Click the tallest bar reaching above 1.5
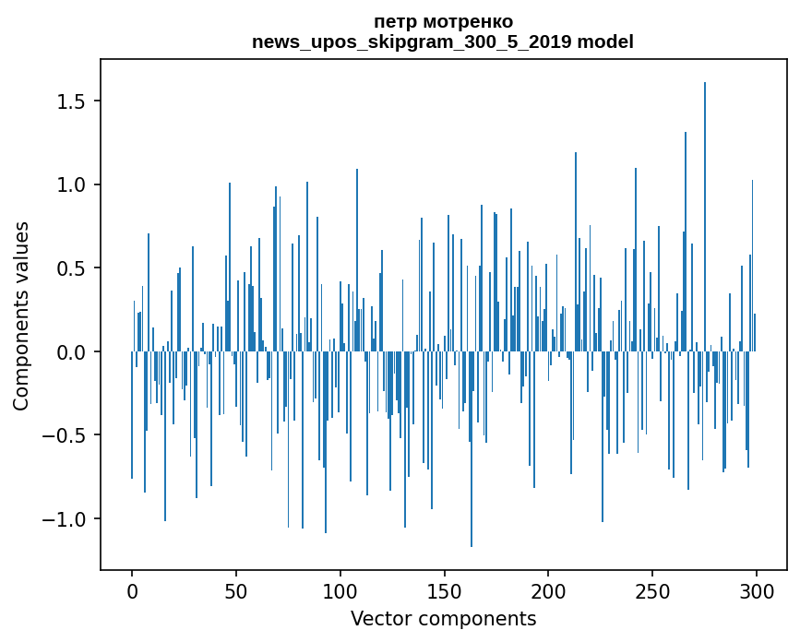[x=705, y=217]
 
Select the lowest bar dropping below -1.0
[x=471, y=448]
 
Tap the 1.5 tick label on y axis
[x=71, y=101]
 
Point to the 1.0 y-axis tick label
[x=71, y=184]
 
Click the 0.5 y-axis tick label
[x=71, y=268]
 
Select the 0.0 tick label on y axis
[x=71, y=351]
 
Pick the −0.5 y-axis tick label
[x=64, y=435]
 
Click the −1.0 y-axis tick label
[x=64, y=519]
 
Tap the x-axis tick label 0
[x=132, y=592]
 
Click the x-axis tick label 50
[x=235, y=592]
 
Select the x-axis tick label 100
[x=340, y=592]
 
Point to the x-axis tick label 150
[x=444, y=592]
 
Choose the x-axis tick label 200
[x=548, y=592]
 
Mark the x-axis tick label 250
[x=652, y=592]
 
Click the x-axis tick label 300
[x=756, y=592]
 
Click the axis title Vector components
[x=443, y=619]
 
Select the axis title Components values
[x=21, y=316]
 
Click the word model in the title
[x=605, y=42]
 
